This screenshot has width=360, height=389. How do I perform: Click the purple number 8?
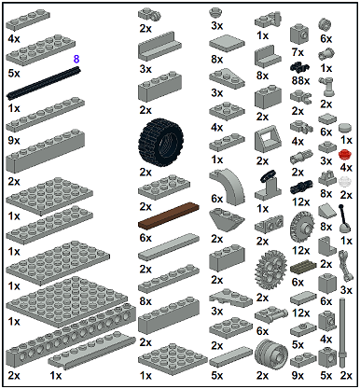76,59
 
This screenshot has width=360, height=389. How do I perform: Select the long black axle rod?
44,83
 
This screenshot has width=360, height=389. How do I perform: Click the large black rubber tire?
160,140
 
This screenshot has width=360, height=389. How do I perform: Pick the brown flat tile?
169,215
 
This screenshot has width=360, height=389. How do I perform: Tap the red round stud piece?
344,154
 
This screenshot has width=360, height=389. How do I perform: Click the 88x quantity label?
300,81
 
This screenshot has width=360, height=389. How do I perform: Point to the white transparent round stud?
344,181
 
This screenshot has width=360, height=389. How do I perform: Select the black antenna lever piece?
344,218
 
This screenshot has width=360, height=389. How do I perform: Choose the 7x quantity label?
298,52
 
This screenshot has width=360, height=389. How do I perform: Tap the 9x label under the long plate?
14,141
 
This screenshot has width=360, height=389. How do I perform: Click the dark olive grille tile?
303,268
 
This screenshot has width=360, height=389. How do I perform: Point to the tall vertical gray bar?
342,332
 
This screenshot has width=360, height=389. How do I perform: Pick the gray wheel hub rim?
271,354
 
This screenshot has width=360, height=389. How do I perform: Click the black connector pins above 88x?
299,67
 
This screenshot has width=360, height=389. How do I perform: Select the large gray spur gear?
270,267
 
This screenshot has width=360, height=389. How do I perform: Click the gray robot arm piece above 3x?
345,266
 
